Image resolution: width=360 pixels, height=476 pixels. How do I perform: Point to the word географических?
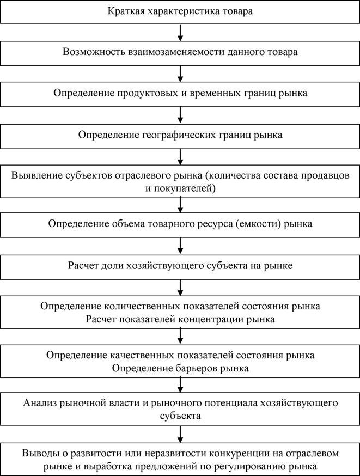pos(179,135)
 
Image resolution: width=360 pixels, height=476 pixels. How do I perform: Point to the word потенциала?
pos(228,403)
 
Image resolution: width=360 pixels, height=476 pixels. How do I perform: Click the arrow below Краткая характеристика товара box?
pos(180,33)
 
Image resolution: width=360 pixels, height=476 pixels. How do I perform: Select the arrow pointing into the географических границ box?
pos(180,115)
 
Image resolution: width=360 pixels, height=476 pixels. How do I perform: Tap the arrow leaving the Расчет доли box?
pos(180,288)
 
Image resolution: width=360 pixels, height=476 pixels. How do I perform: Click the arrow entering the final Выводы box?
pos(180,435)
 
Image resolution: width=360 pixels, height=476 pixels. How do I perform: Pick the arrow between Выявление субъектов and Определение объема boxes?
pos(180,205)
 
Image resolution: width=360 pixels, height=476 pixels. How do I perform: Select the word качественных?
pos(142,355)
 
